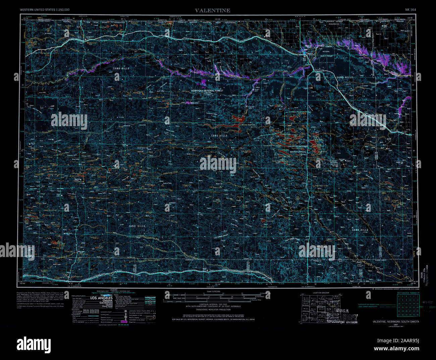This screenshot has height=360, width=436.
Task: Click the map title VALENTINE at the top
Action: [213, 10]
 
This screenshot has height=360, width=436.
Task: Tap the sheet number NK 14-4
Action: [411, 10]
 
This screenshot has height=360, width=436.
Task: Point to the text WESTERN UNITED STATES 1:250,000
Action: [45, 10]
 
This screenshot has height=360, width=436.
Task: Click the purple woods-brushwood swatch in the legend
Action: [124, 321]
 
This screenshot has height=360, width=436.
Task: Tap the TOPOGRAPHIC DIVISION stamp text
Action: [342, 322]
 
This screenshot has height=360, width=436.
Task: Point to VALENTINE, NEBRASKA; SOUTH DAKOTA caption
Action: [396, 322]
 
